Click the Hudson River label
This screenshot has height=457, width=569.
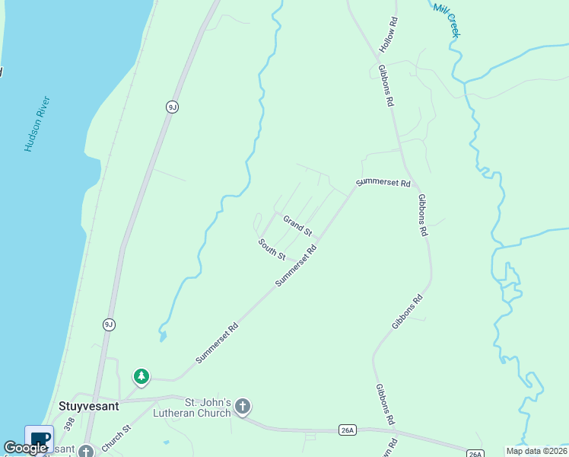pos(37,123)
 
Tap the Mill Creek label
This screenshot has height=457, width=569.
pos(447,18)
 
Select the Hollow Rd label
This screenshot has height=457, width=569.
pos(389,36)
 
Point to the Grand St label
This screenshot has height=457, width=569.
pos(297,225)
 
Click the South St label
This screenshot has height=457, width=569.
pos(272,249)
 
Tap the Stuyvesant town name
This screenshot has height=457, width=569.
pos(89,406)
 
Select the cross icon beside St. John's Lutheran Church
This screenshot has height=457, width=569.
pos(243,406)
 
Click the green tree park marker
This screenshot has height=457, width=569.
pos(141,376)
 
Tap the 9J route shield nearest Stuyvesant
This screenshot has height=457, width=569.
pos(109,324)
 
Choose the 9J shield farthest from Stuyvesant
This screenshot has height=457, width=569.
pos(172,107)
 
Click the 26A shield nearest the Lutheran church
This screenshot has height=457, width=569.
pos(348,430)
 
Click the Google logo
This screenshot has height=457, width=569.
pos(26,448)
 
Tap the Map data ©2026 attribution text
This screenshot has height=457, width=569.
pos(536,451)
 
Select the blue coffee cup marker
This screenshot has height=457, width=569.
pos(40,439)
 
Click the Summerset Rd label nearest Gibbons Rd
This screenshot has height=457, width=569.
pos(383,183)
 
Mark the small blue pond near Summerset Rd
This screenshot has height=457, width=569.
pos(163,335)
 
